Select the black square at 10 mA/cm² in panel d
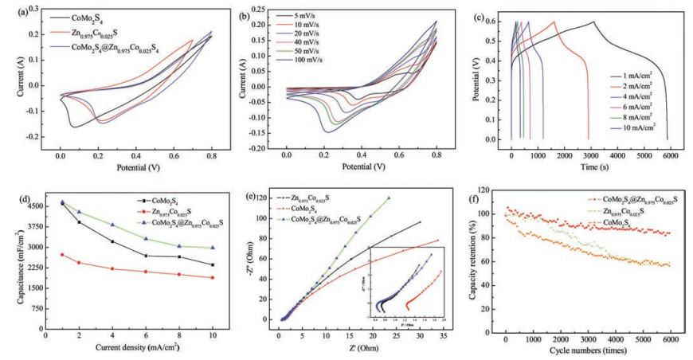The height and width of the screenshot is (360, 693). click(x=212, y=265)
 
